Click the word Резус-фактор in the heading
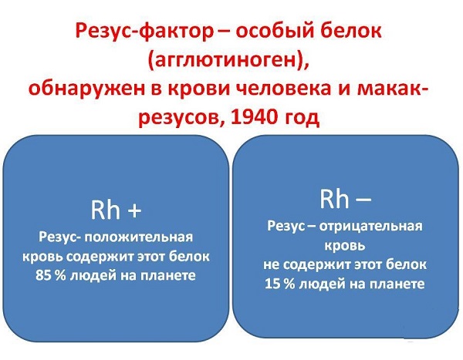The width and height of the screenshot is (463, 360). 144,32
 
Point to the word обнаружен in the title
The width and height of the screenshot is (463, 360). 86,89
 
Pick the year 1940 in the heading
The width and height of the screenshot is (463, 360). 254,117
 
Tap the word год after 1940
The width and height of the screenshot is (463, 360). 302,118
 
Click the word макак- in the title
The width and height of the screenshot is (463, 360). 393,89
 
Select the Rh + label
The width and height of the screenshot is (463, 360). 116,210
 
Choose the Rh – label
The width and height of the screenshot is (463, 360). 346,199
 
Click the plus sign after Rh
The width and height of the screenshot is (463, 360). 134,211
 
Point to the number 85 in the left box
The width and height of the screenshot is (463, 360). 42,275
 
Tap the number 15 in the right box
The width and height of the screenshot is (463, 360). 272,284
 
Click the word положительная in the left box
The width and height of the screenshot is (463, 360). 138,237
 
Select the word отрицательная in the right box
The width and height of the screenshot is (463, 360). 371,227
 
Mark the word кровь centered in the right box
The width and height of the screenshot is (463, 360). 345,246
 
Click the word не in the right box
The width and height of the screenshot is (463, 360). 271,265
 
